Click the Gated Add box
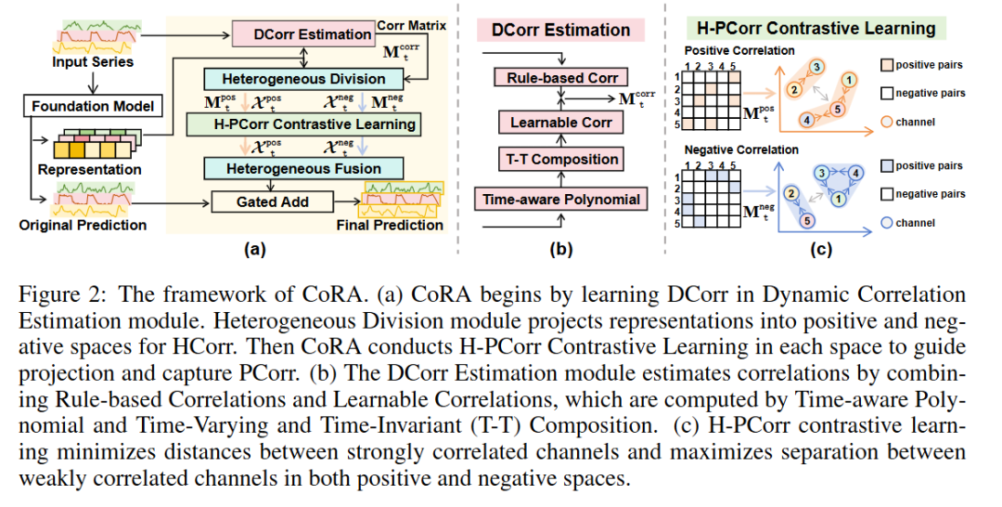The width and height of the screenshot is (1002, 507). click(x=272, y=201)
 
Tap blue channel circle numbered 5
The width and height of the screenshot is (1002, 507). click(x=806, y=221)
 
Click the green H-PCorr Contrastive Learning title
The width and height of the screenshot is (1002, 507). click(x=816, y=28)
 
